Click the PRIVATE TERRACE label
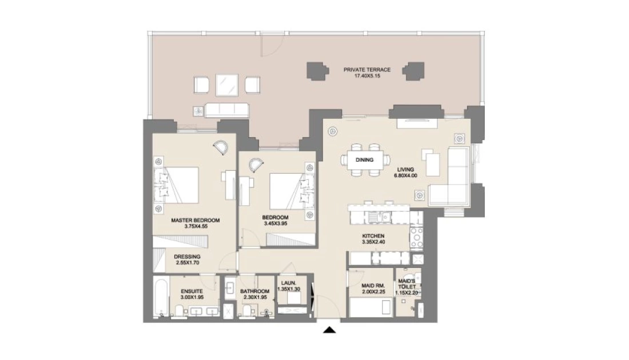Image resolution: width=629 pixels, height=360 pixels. pyautogui.click(x=367, y=70)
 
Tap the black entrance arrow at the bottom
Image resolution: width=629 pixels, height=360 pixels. pyautogui.click(x=329, y=330)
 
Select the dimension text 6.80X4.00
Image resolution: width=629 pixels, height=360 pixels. pyautogui.click(x=405, y=175)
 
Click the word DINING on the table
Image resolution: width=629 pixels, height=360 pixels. pyautogui.click(x=364, y=160)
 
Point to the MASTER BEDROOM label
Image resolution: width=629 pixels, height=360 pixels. pyautogui.click(x=196, y=220)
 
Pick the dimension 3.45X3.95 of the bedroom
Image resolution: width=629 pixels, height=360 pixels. pyautogui.click(x=275, y=223)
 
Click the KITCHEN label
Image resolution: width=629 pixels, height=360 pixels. pyautogui.click(x=373, y=236)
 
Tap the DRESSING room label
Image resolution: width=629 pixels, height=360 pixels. pyautogui.click(x=187, y=257)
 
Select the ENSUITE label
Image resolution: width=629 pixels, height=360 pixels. pyautogui.click(x=192, y=291)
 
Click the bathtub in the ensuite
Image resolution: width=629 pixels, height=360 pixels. pyautogui.click(x=160, y=297)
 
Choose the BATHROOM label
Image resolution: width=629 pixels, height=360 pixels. pyautogui.click(x=254, y=291)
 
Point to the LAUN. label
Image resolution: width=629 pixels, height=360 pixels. pyautogui.click(x=289, y=283)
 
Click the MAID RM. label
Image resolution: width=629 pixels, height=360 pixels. pyautogui.click(x=373, y=286)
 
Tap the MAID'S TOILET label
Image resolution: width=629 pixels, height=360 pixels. pyautogui.click(x=407, y=284)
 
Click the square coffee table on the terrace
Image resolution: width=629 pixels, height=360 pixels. pyautogui.click(x=227, y=85)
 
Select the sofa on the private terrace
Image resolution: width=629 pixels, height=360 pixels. pyautogui.click(x=226, y=110)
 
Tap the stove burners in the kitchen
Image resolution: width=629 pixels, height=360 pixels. pyautogui.click(x=416, y=237)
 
